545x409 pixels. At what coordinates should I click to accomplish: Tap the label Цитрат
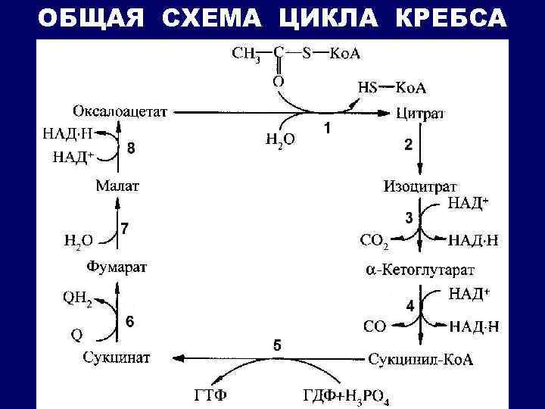(x=421, y=114)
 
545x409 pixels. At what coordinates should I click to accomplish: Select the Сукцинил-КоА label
(x=421, y=358)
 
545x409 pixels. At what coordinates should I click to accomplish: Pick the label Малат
(x=117, y=185)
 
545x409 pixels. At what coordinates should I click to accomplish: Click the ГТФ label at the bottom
(x=208, y=395)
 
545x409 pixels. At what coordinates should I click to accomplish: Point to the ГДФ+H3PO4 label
(x=345, y=395)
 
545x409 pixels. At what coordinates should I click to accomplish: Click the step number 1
(x=327, y=130)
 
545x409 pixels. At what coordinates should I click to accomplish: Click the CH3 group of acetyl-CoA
(x=244, y=54)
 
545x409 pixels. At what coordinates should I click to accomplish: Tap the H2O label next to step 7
(x=78, y=241)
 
